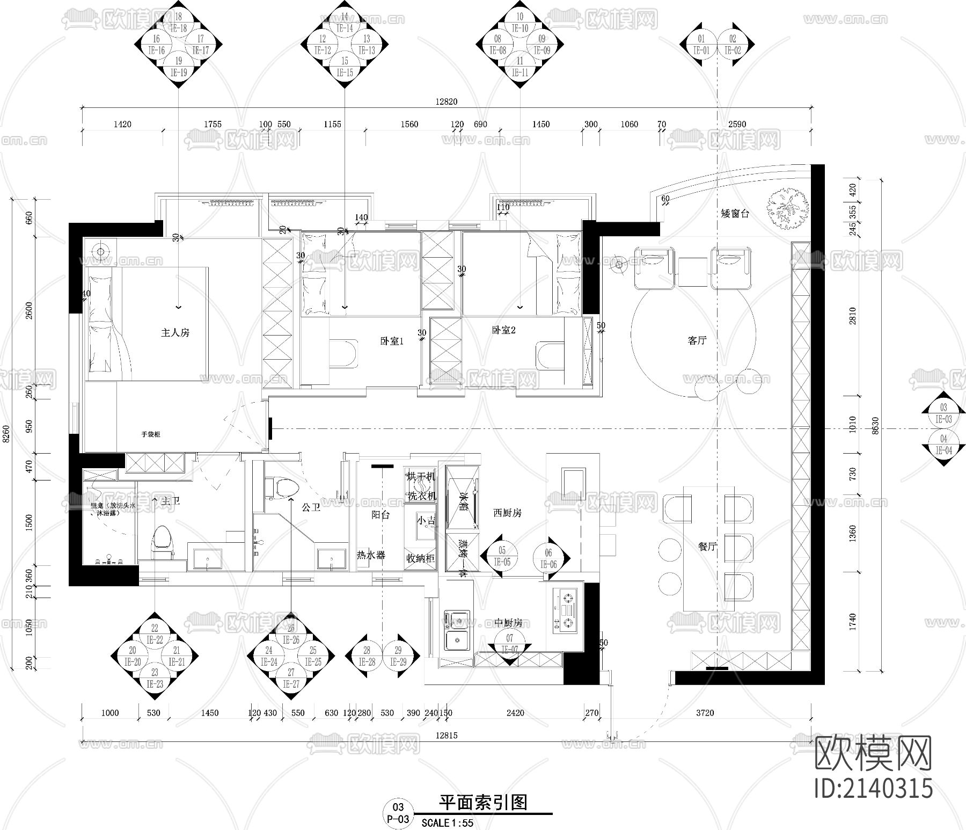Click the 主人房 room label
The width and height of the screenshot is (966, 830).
(175, 333)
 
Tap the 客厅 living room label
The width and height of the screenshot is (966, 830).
(697, 340)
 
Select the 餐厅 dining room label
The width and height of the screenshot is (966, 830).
(707, 547)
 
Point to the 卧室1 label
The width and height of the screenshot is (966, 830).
(391, 341)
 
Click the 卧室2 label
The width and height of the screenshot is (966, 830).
(503, 330)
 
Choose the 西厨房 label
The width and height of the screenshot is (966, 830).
(507, 513)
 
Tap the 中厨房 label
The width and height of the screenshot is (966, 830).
(508, 623)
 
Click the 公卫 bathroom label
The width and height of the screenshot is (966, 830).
(311, 507)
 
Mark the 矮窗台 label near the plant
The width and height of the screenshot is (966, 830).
(735, 214)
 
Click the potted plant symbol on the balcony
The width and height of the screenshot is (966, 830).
(787, 209)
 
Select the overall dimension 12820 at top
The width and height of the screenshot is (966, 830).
(447, 101)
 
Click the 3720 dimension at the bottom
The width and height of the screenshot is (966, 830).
(705, 713)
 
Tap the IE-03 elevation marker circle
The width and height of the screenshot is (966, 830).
(943, 413)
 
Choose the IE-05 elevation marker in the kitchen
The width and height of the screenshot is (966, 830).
(502, 556)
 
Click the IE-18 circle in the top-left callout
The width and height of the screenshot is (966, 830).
(179, 23)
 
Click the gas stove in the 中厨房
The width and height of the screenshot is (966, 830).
(566, 609)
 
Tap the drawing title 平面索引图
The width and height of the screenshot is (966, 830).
(483, 803)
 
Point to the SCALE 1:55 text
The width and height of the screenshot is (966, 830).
(448, 822)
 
